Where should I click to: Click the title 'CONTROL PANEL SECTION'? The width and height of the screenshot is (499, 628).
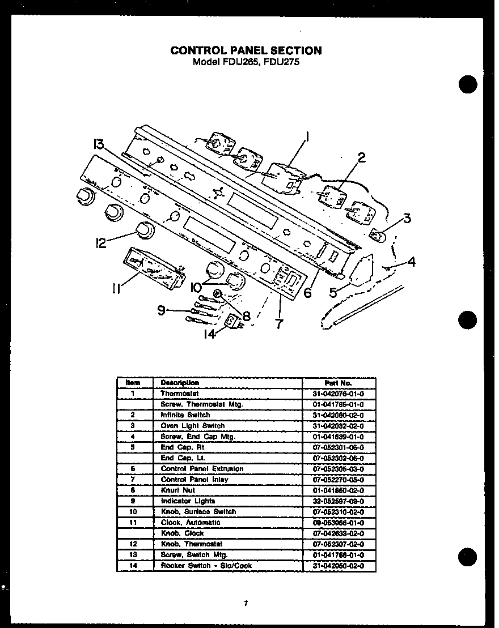246,50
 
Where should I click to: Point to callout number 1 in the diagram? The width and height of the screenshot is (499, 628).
306,136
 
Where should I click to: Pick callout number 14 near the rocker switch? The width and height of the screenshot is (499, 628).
210,334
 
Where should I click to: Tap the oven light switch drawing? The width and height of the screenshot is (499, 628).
378,234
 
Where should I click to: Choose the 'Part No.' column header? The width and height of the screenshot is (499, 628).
339,383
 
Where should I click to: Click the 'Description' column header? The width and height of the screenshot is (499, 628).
180,383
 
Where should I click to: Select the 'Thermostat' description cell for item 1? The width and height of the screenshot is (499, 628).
180,394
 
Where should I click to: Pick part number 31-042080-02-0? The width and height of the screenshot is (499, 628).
339,415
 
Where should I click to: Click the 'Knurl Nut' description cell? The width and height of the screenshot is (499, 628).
178,490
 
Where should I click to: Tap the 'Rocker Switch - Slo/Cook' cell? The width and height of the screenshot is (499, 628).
206,566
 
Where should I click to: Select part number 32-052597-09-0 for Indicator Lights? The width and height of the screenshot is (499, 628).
339,501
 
